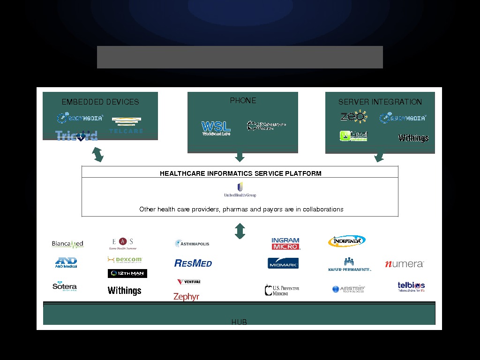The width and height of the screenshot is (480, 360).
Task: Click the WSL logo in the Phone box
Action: tap(216, 127)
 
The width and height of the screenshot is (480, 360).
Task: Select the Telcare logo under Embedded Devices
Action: tap(126, 125)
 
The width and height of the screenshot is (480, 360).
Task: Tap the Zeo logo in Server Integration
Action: tap(353, 116)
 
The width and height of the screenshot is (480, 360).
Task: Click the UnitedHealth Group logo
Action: tap(240, 190)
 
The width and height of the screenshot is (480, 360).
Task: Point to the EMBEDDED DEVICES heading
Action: tap(100, 102)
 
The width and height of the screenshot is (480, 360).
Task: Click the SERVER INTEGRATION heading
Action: tap(380, 102)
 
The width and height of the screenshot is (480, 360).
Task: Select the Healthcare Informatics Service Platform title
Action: tap(240, 173)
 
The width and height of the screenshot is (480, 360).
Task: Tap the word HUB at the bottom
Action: tap(239, 322)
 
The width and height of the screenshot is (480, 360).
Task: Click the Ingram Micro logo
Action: tap(285, 243)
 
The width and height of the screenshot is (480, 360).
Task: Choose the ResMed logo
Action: tap(193, 263)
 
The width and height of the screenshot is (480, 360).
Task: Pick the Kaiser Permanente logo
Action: tap(349, 264)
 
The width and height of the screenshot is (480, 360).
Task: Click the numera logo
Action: tap(404, 264)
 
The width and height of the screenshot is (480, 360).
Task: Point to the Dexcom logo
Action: tap(125, 260)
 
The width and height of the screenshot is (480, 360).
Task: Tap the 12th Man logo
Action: tap(127, 273)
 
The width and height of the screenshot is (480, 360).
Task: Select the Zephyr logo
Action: tap(186, 297)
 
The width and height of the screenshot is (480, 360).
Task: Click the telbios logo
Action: tap(411, 286)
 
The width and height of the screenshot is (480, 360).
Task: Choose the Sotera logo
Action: tap(65, 286)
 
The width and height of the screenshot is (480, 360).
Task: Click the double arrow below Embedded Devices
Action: tap(98, 154)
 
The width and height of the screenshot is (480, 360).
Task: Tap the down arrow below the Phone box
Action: tap(240, 157)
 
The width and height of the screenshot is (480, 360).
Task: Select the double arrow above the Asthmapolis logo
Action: tap(240, 231)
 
